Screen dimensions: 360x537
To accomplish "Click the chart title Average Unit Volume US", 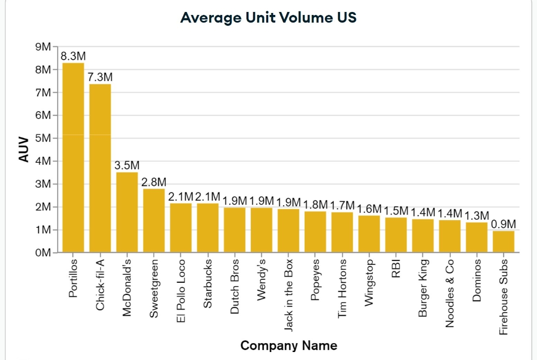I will (268, 17).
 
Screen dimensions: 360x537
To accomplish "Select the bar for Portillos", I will (73, 157).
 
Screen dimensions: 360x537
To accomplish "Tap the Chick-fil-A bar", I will (100, 168).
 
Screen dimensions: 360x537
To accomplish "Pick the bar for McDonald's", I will (127, 212).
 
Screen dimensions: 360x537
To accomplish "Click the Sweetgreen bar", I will (154, 221).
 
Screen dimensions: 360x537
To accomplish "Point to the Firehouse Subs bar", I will (504, 241).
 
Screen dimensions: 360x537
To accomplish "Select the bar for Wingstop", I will (369, 234).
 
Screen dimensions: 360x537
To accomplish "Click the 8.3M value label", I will (73, 56).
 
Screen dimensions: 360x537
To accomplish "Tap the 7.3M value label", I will (100, 77).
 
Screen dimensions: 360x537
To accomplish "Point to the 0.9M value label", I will (504, 224).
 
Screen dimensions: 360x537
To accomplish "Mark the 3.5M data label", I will (127, 165).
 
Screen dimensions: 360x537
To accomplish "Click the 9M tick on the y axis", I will (44, 47).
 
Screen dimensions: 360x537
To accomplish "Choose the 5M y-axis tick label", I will (44, 138).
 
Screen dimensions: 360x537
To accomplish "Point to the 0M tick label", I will (44, 253).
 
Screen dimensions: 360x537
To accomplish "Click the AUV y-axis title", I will (23, 149).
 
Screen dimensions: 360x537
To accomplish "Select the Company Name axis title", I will (289, 346).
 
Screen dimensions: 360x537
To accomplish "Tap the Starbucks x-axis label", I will (208, 283).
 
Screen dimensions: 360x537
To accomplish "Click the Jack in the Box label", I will (289, 295).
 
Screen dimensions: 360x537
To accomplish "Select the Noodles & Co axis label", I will (450, 293).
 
